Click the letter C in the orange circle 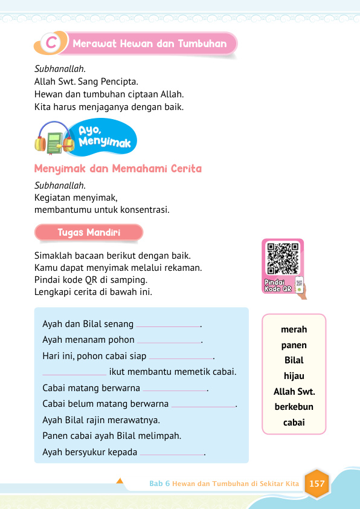click(x=53, y=44)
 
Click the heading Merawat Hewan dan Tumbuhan click(x=149, y=44)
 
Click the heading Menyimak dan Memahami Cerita click(x=118, y=169)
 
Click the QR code click(x=283, y=258)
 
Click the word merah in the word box click(x=294, y=329)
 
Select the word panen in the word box click(x=294, y=345)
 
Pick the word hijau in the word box click(x=294, y=376)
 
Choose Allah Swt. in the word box click(x=294, y=392)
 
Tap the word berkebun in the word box click(x=294, y=407)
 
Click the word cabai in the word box click(x=294, y=423)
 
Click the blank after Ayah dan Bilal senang click(x=168, y=325)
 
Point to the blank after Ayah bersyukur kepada click(x=172, y=453)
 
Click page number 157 click(x=317, y=484)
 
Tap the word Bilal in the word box click(x=294, y=360)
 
